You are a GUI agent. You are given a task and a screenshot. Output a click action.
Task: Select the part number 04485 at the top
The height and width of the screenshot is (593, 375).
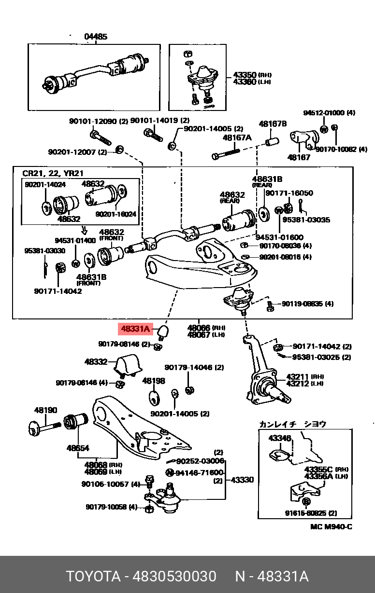point(96,37)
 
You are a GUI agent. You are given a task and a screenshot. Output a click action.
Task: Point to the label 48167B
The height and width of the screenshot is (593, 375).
point(273,124)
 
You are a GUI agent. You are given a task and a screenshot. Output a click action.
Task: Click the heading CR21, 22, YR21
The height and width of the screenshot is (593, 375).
point(53,173)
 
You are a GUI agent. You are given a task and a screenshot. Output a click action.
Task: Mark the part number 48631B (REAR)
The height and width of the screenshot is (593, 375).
point(267,179)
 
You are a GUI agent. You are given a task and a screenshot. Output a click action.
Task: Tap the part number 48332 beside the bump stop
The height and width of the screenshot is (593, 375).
point(96,361)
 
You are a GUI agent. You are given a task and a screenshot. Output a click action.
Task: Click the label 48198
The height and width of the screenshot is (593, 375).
point(154,381)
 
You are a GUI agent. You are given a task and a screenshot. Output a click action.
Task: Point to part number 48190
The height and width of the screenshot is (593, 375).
point(45,411)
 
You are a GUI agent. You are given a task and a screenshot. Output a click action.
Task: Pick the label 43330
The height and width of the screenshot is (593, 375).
point(242,480)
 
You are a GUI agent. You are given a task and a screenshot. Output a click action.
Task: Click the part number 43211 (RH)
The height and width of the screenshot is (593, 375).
point(298,376)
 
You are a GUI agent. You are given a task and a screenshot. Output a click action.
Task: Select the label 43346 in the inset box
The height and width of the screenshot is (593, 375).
point(280,438)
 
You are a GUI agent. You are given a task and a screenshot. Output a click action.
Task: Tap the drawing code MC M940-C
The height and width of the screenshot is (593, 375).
point(331,526)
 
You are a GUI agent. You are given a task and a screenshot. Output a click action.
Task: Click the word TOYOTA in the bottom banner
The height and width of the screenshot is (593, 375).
point(93,576)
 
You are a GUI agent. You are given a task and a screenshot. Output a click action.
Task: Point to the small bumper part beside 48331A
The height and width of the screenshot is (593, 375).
point(163,331)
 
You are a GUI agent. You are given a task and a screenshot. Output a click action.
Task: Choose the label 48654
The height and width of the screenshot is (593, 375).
point(78,448)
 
